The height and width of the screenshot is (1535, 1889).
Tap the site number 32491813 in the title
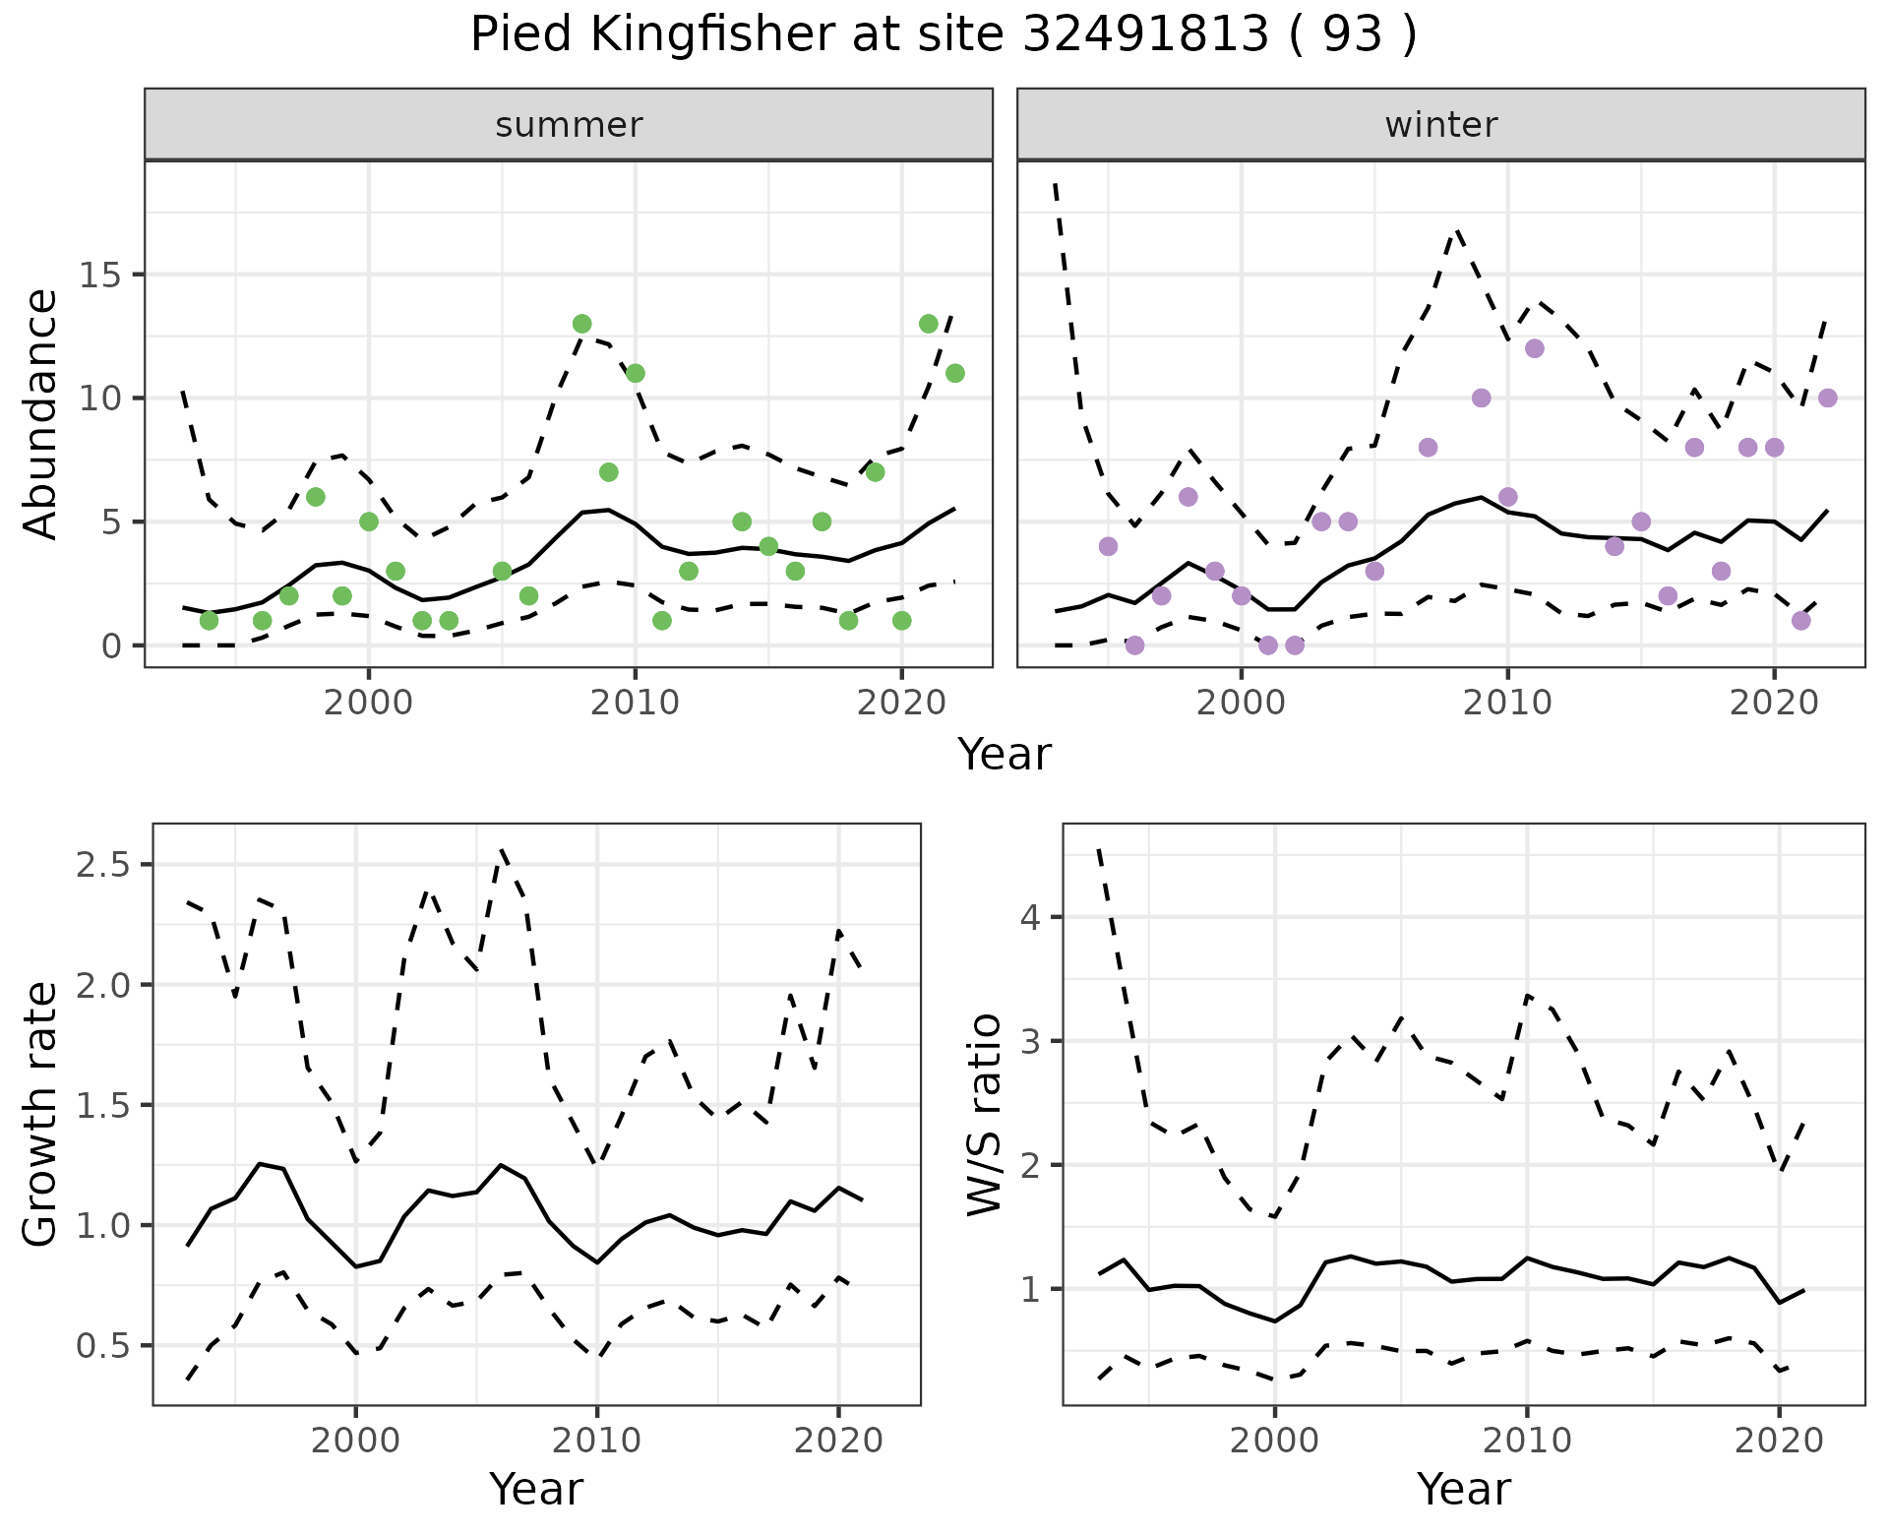click(1146, 35)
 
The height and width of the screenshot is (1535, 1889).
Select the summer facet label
click(569, 125)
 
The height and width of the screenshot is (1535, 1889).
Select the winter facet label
click(1440, 125)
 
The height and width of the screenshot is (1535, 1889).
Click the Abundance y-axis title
click(41, 414)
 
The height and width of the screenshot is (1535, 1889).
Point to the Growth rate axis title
click(41, 1115)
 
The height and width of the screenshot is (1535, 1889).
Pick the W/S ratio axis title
click(985, 1115)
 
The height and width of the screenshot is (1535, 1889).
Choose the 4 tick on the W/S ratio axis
click(1030, 918)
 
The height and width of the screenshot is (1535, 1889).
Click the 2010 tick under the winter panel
click(1507, 703)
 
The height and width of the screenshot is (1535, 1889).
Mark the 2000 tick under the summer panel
click(369, 703)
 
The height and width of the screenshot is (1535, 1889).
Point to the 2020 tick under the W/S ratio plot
click(1779, 1441)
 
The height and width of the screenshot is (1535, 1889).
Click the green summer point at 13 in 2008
click(581, 324)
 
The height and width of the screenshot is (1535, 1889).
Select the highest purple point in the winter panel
click(1534, 348)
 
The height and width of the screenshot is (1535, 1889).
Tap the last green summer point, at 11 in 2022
click(954, 373)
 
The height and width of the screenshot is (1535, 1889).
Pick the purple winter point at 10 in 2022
click(1827, 398)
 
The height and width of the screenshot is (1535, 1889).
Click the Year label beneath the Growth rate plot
click(536, 1489)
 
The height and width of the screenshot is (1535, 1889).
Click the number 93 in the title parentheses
click(1352, 35)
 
